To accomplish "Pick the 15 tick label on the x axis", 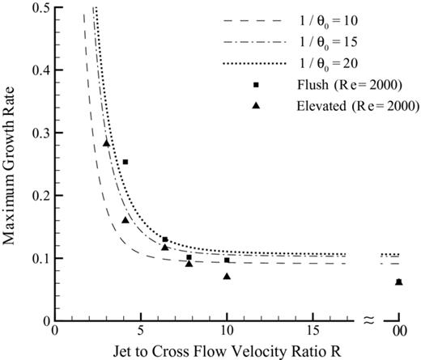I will pos(313,330).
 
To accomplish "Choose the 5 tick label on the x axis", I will pos(141,330).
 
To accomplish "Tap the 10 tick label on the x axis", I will pos(227,330).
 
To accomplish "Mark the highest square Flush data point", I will pos(125,162).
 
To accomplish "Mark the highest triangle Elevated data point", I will pos(106,143).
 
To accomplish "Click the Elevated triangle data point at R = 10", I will pos(227,277).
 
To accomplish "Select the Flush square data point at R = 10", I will pos(227,260).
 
